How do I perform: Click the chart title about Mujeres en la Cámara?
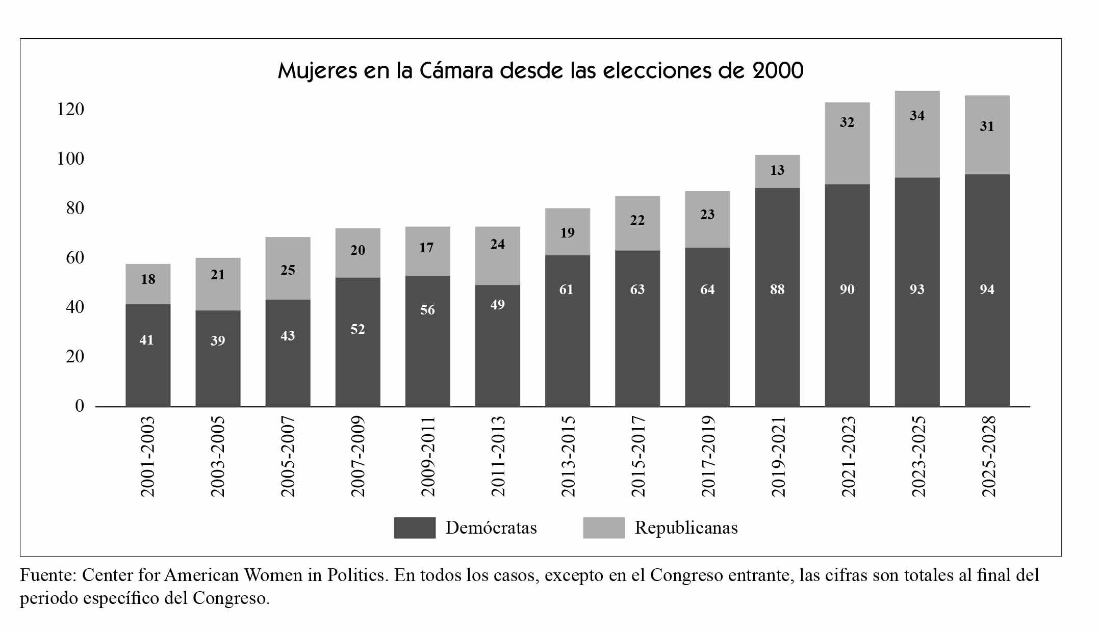point(541,70)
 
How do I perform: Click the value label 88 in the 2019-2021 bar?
point(777,289)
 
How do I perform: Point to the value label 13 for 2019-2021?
point(777,170)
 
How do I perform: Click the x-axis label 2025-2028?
point(988,456)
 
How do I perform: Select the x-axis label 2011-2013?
point(498,456)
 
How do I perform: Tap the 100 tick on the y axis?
point(70,159)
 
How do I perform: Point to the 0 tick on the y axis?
point(80,406)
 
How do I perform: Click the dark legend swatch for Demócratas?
point(415,528)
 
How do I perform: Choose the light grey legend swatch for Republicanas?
point(604,528)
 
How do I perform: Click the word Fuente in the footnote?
point(48,575)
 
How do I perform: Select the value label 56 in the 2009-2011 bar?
point(427,310)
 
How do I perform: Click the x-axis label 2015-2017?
point(638,456)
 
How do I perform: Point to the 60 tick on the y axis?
point(75,258)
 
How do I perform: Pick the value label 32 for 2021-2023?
point(847,122)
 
